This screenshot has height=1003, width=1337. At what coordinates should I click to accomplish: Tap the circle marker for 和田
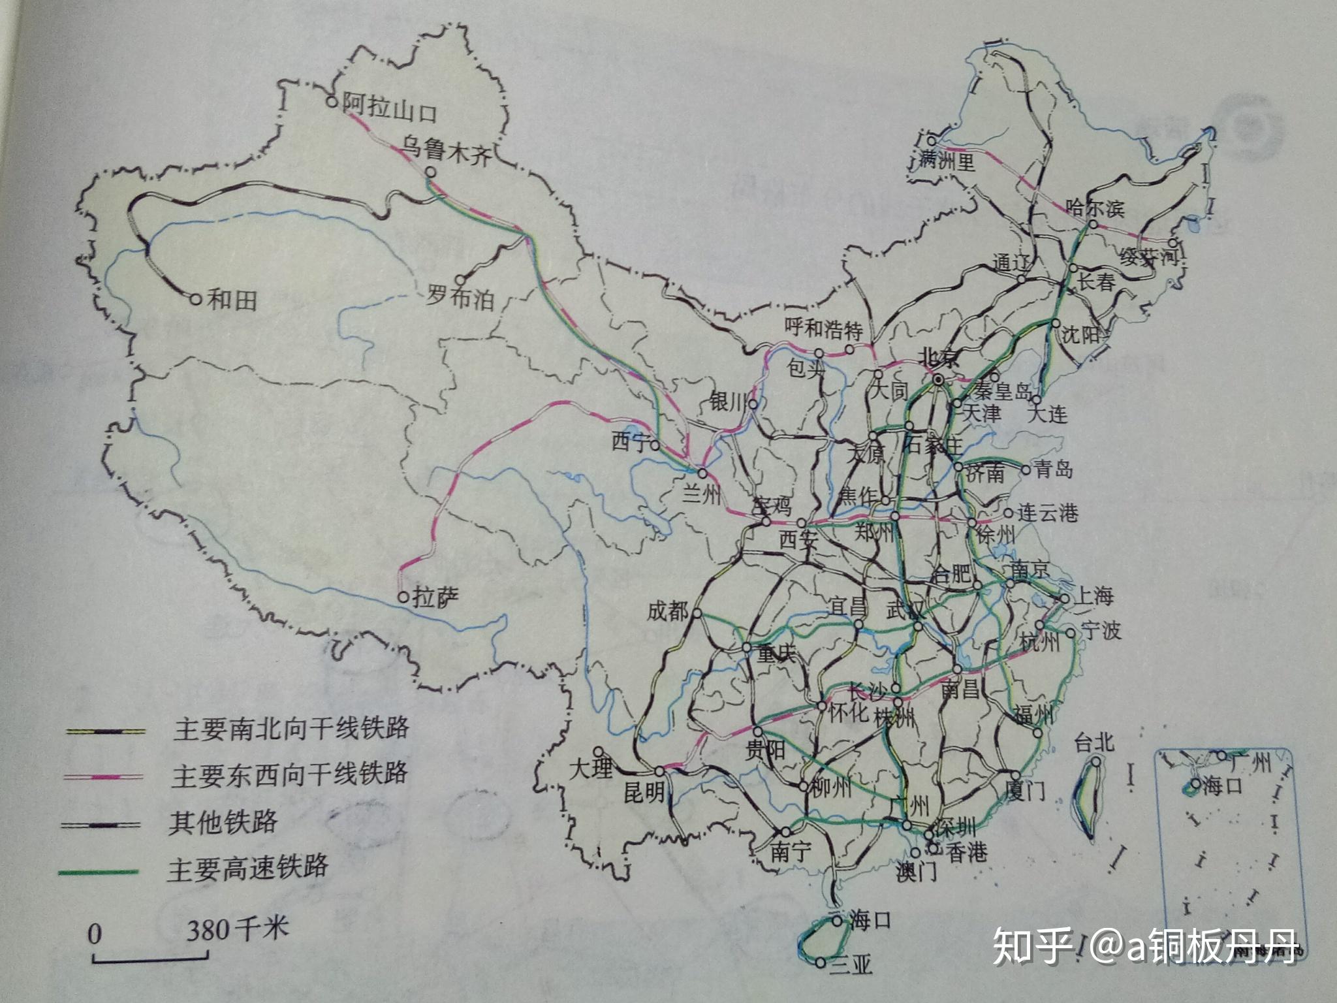(195, 299)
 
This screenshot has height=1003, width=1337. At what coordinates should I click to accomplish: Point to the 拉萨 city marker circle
(403, 597)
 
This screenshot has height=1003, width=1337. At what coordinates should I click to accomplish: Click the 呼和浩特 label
(823, 328)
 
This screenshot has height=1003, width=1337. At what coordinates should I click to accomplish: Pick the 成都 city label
(667, 611)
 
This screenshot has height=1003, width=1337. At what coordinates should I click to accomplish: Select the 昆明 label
(644, 792)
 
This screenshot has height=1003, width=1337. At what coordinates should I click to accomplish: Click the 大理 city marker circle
(597, 752)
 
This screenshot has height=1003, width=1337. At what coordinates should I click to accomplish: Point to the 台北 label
(1094, 742)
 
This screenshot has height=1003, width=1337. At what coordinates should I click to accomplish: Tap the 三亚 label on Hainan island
(850, 964)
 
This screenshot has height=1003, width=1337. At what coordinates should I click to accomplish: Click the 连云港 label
(1046, 513)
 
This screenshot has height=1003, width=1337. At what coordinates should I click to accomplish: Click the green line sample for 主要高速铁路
(98, 872)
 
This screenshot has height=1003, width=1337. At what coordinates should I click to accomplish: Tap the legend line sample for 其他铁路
(101, 825)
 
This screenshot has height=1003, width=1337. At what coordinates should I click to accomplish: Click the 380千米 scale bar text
(237, 928)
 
